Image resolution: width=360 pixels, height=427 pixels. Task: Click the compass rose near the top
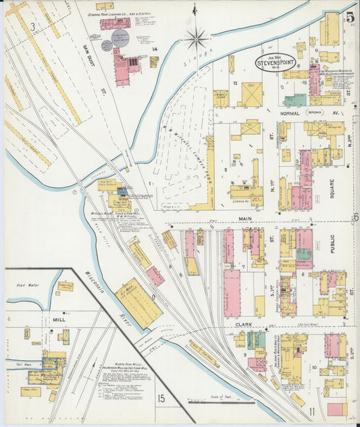point(197,37)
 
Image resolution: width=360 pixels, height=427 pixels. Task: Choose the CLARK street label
point(245,324)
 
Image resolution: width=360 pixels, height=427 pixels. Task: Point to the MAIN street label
point(244,219)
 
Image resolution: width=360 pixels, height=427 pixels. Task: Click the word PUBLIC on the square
point(332,243)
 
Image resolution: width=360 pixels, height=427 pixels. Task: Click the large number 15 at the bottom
point(161,399)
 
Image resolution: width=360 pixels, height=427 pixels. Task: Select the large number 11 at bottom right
point(312,411)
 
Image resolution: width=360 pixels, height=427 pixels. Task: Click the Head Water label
point(28,285)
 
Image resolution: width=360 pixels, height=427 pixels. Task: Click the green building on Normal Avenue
point(294,99)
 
